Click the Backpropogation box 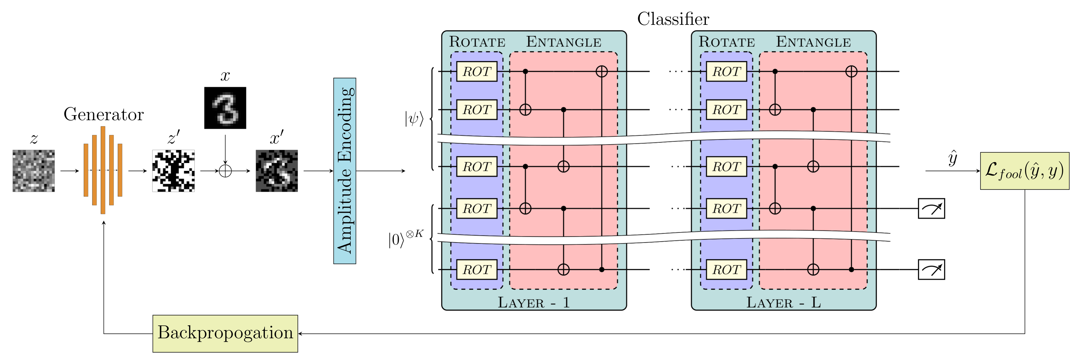225,333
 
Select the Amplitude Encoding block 344,171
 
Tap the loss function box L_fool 1024,171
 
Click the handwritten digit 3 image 225,108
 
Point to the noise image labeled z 33,171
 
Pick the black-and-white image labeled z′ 173,171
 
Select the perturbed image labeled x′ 277,171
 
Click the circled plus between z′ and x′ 225,171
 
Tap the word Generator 104,114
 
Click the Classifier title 673,19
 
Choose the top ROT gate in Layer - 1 477,71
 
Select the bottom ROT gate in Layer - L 726,270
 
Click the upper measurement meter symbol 931,208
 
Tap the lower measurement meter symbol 931,270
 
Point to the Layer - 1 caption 533,302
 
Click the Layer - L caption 784,302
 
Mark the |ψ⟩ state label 414,118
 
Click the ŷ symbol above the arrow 952,158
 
